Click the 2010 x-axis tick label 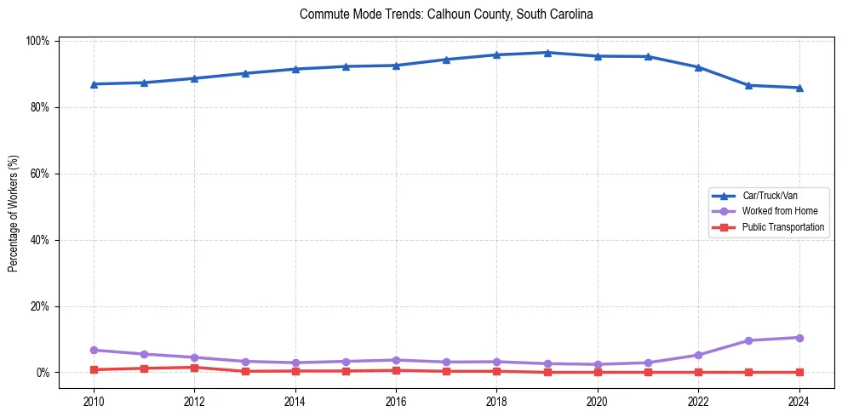(94, 400)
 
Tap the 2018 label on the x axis (496, 400)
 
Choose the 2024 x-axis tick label (799, 400)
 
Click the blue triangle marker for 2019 (547, 53)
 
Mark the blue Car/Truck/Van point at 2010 (94, 84)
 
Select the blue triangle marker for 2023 (748, 85)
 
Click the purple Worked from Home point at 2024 (799, 338)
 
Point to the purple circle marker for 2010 (94, 350)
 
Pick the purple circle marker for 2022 (698, 355)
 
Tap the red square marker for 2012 (194, 368)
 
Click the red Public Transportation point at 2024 (799, 372)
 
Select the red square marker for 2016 (396, 370)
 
